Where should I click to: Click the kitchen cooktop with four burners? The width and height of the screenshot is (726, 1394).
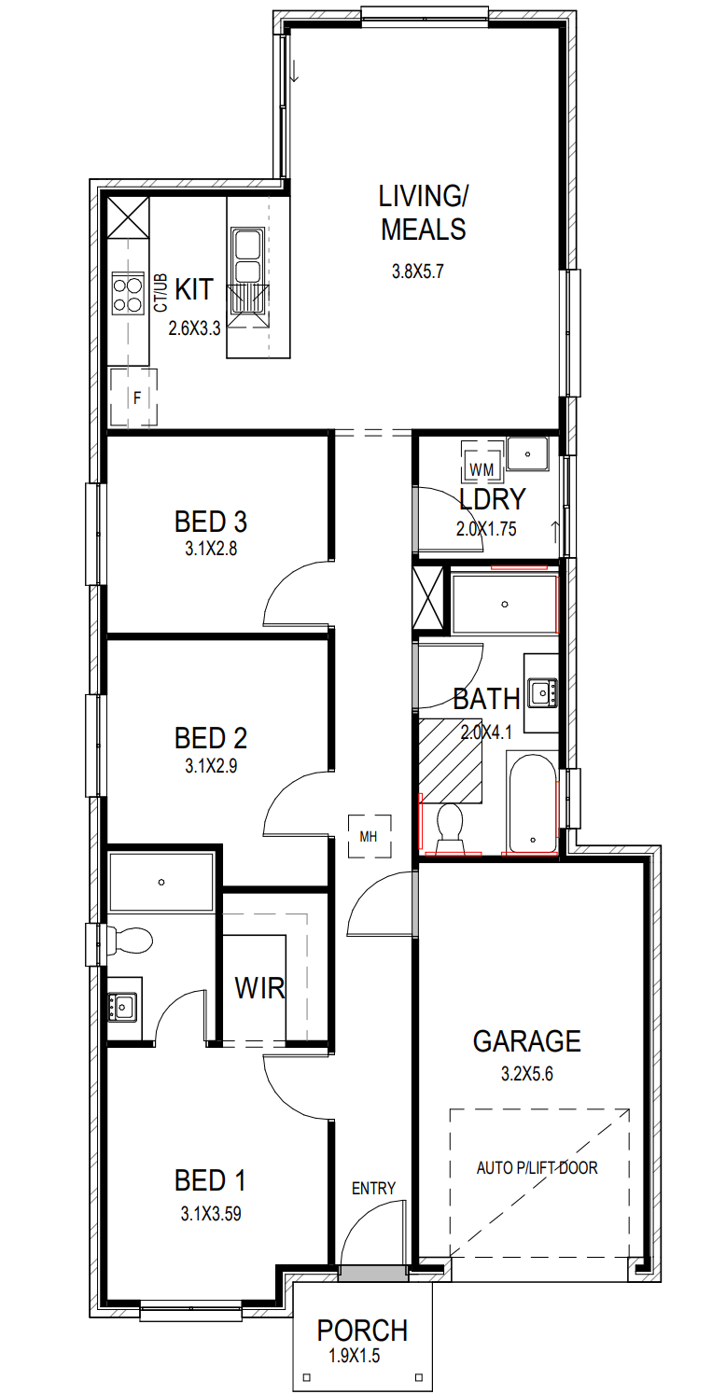[128, 294]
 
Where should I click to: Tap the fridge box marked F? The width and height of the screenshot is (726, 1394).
[133, 397]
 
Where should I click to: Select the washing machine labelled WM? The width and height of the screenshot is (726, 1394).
[482, 462]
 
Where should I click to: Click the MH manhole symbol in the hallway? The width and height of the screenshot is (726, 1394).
[370, 836]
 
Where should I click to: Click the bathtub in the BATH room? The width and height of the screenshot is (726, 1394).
[532, 802]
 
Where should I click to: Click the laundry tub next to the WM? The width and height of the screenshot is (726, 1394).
[527, 453]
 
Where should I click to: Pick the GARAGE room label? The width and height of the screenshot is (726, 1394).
[526, 1041]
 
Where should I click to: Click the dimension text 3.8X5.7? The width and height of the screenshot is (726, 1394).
[417, 272]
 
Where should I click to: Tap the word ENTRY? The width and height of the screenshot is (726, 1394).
[373, 1189]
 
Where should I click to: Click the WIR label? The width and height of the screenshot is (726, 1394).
[259, 987]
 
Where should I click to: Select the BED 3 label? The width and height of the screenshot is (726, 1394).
[211, 522]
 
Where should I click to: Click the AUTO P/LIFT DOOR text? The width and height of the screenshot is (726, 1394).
[537, 1168]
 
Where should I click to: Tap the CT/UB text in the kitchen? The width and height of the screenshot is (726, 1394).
[161, 292]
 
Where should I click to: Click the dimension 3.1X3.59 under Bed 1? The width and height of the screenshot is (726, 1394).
[211, 1214]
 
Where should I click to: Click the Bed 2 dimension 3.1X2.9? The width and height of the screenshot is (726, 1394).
[211, 765]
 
